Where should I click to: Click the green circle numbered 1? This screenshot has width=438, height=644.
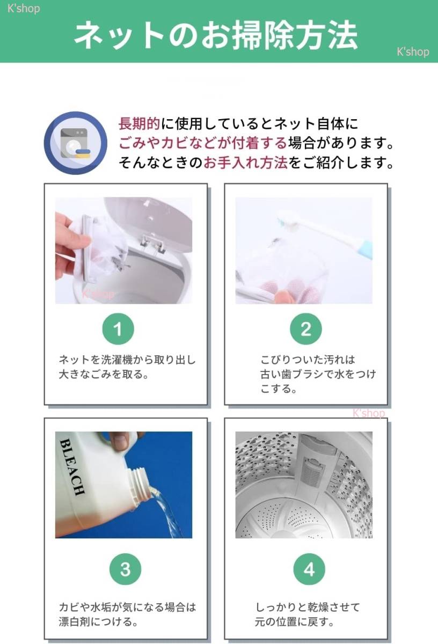click(x=118, y=330)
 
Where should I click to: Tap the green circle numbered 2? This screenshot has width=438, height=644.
click(x=305, y=330)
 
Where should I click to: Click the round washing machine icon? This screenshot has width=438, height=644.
click(x=73, y=143)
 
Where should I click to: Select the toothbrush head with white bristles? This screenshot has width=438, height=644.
click(x=288, y=219)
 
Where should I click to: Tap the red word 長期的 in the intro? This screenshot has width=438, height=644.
click(x=139, y=125)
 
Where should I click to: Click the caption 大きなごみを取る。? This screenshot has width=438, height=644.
click(x=103, y=374)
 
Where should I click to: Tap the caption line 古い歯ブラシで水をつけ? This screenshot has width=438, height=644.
click(x=318, y=374)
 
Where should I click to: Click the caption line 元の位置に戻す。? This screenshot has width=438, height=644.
click(x=295, y=623)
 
